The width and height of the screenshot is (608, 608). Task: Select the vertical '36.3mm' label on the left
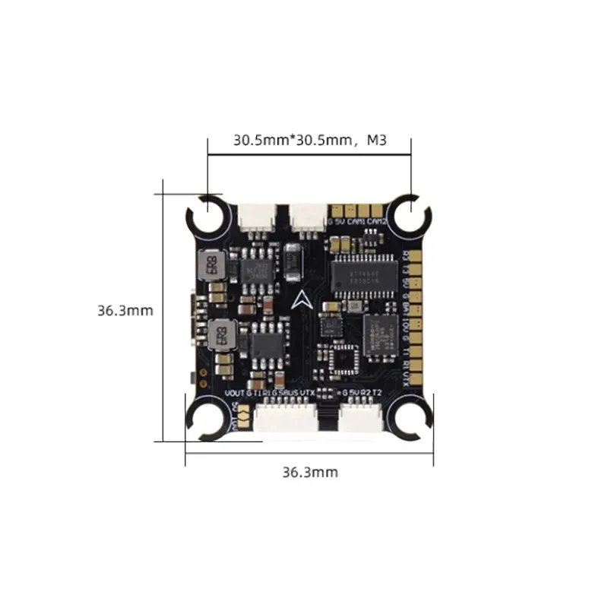click(x=125, y=310)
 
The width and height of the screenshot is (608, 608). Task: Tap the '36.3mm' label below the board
click(x=309, y=472)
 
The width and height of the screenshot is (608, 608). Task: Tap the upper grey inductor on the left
click(x=214, y=265)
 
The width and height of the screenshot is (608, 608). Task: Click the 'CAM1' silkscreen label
click(x=356, y=222)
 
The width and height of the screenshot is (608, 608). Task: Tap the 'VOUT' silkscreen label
click(x=236, y=392)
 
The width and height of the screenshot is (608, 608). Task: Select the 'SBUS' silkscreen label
click(x=289, y=392)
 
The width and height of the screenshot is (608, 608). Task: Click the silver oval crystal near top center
click(x=295, y=263)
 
